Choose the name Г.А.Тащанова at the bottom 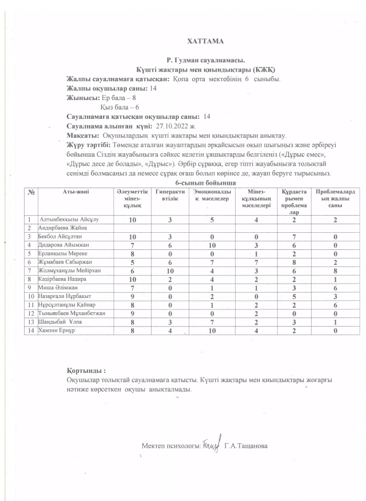(x=246, y=446)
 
